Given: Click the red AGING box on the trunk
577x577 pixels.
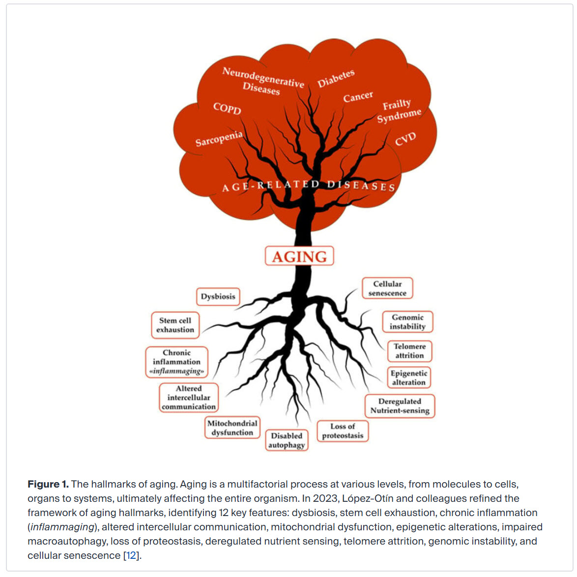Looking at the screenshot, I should (299, 256).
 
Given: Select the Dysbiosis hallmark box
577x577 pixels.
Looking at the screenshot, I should (218, 296).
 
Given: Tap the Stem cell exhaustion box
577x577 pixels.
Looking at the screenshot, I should (175, 325).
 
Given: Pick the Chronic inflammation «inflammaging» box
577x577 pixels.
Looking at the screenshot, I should (176, 362).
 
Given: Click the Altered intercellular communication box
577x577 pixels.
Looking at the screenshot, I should (189, 398).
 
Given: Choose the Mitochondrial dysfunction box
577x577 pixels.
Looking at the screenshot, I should (232, 428).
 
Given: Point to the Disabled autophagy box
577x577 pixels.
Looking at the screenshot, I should (287, 440).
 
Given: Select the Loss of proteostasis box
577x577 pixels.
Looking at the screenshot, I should (343, 431).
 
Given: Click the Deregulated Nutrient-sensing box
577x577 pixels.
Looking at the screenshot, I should (400, 406).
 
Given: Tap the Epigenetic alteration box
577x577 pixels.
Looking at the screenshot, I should (409, 377).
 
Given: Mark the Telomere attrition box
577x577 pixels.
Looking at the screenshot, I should (409, 351).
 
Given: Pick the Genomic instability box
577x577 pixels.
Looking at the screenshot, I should (407, 322).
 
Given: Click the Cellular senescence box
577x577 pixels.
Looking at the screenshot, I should (387, 288).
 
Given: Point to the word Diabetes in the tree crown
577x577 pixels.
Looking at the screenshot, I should (336, 79).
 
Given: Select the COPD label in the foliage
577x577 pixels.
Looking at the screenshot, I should (227, 108).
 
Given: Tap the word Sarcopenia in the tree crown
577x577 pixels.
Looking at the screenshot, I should (219, 139).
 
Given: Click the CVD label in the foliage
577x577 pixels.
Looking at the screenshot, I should (405, 139).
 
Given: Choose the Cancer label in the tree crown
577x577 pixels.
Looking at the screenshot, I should (358, 97).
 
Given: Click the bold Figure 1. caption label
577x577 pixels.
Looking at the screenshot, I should (48, 484).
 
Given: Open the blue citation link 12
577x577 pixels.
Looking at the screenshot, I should (131, 555).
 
